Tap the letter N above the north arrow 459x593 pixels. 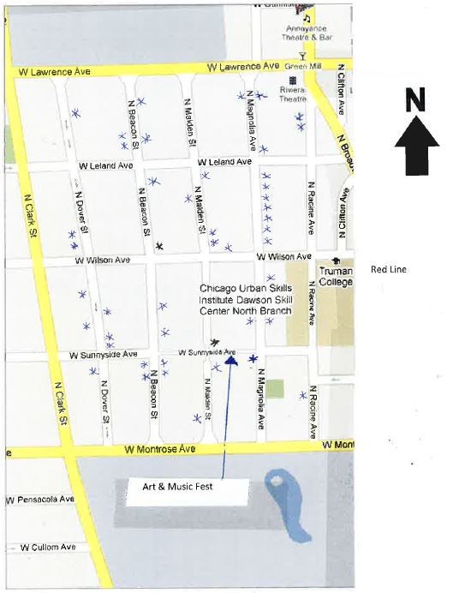coord(415,100)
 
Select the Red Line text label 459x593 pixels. coord(388,270)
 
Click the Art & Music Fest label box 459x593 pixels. coord(177,488)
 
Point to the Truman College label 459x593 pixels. coord(335,277)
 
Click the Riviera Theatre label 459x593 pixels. coord(292,93)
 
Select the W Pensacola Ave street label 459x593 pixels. coord(39,499)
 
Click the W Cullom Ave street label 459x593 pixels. coord(48,547)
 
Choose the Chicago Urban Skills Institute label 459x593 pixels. coord(246,299)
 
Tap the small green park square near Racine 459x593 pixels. coord(274,388)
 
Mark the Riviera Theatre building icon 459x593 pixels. coord(281,81)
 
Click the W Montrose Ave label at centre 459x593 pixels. coord(159,448)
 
